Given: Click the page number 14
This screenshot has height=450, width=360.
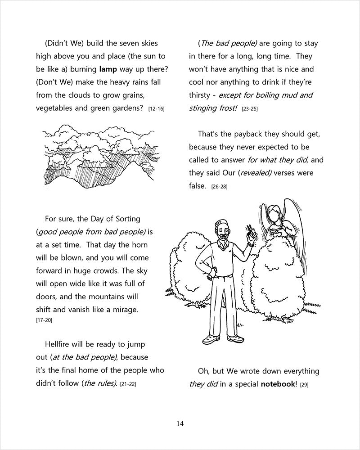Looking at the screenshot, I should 180,423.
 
